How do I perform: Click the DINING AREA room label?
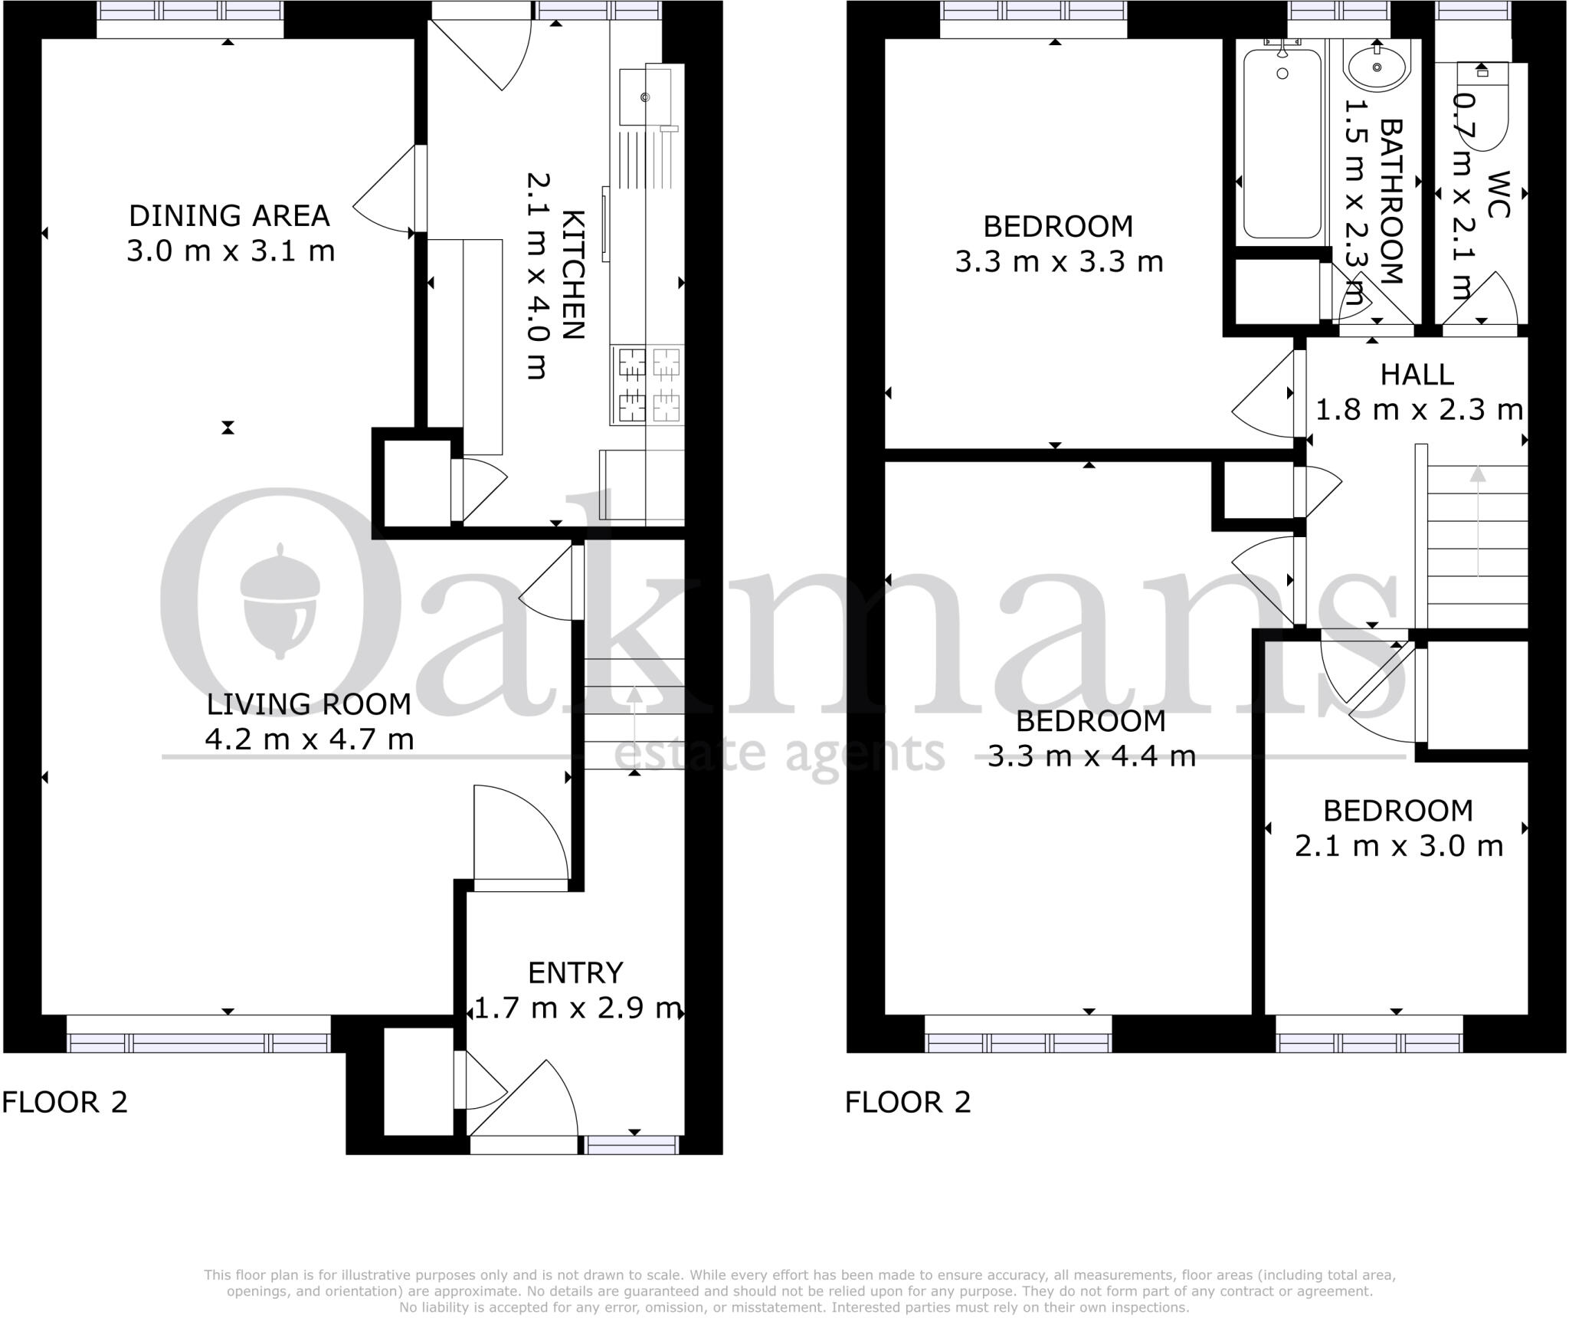click(x=229, y=216)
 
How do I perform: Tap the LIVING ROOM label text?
click(x=309, y=704)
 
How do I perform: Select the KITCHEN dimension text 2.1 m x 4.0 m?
click(x=536, y=276)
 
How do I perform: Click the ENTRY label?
click(x=575, y=972)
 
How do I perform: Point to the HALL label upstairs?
click(x=1417, y=375)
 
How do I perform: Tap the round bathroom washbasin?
click(x=1377, y=67)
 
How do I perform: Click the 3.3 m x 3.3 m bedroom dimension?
click(x=1059, y=262)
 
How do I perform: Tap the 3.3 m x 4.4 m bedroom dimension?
click(x=1091, y=757)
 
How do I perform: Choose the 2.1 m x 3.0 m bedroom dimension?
click(x=1398, y=846)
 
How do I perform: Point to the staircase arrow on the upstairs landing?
click(x=1477, y=521)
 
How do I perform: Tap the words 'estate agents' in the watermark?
click(x=779, y=753)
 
